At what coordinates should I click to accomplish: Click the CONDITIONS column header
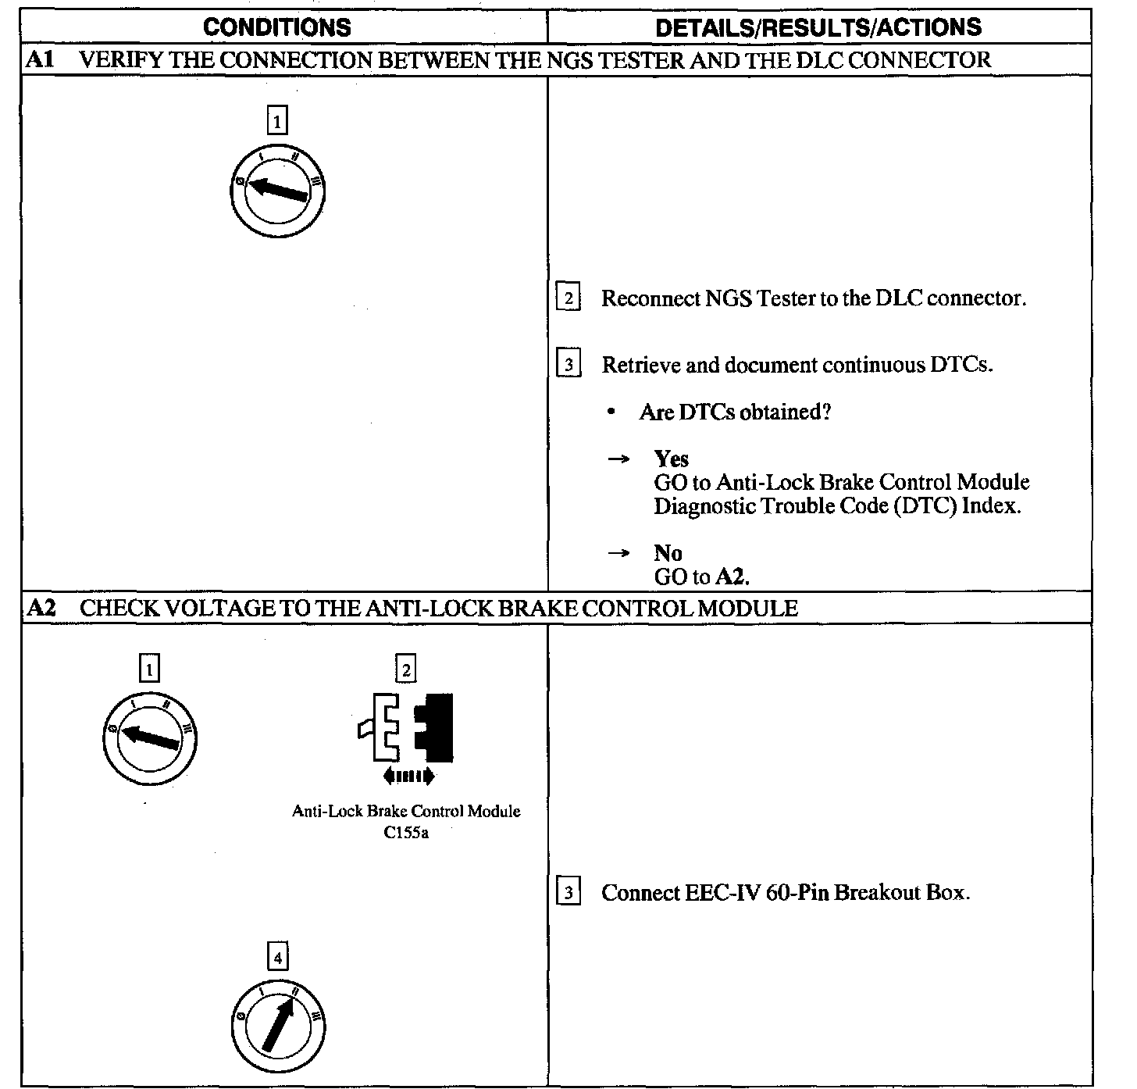click(x=276, y=27)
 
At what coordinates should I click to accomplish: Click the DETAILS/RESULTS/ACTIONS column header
click(x=818, y=27)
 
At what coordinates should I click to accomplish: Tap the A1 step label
click(x=39, y=60)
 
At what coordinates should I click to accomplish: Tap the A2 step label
click(x=41, y=608)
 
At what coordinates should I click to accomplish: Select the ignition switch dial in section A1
click(x=278, y=191)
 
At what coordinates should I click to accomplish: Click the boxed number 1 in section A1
click(x=277, y=121)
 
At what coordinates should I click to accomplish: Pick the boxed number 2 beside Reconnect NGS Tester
click(x=568, y=298)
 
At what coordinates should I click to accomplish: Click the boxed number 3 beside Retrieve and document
click(x=568, y=365)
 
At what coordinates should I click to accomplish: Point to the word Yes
click(x=671, y=459)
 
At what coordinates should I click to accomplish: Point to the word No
click(x=668, y=553)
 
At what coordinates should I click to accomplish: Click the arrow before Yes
click(x=618, y=459)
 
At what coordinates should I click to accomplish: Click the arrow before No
click(x=618, y=553)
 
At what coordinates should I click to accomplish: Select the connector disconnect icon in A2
click(x=406, y=727)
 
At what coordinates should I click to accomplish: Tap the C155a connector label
click(x=406, y=833)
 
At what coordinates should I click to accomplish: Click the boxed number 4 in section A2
click(x=277, y=956)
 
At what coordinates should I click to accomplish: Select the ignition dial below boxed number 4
click(x=278, y=1025)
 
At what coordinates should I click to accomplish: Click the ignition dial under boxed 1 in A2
click(x=150, y=737)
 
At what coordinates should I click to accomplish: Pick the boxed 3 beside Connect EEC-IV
click(x=568, y=892)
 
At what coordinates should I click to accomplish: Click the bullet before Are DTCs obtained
click(x=611, y=412)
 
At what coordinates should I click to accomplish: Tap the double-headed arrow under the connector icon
click(x=408, y=776)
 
